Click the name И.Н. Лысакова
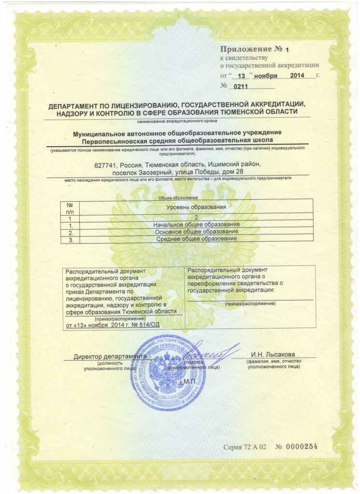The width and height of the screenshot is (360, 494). coord(273,356)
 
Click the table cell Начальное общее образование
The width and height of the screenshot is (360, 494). coord(196,225)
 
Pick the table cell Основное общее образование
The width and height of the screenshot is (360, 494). coord(196,232)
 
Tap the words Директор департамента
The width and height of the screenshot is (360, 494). coord(110,357)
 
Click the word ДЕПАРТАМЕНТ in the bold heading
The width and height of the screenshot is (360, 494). coord(74,105)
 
